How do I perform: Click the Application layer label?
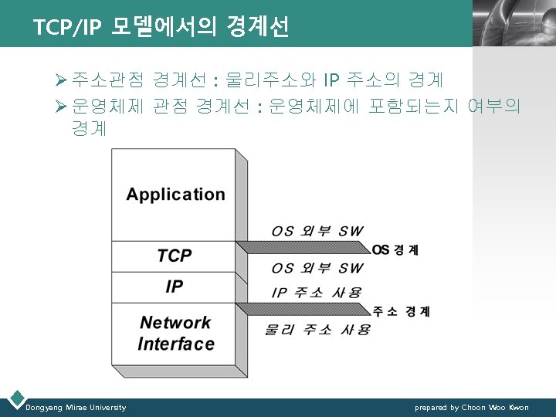[x=175, y=195]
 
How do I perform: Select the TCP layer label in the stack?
[x=175, y=256]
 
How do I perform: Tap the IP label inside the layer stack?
[x=175, y=287]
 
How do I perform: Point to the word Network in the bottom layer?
[x=175, y=323]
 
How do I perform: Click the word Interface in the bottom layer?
[x=176, y=344]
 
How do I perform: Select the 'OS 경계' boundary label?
[x=395, y=249]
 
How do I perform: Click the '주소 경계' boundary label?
[x=402, y=311]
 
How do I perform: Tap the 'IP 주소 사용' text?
[x=316, y=293]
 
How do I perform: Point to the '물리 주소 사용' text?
[x=317, y=330]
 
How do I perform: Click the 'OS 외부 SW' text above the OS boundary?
[x=317, y=231]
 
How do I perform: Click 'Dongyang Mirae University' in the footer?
[x=76, y=407]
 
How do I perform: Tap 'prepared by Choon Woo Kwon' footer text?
[x=472, y=407]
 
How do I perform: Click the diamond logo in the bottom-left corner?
[x=15, y=400]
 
